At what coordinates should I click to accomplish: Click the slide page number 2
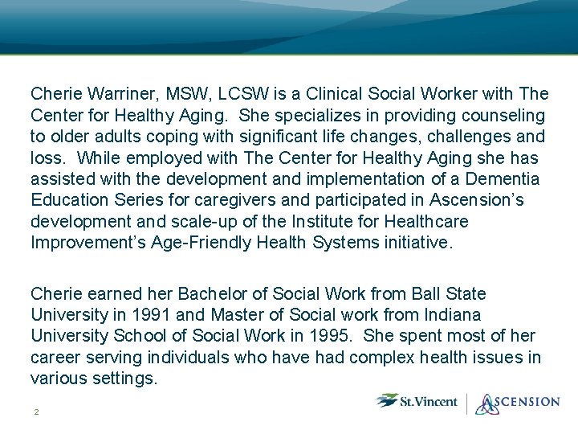[x=36, y=412]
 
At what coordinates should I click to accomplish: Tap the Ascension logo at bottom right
[x=517, y=402]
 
